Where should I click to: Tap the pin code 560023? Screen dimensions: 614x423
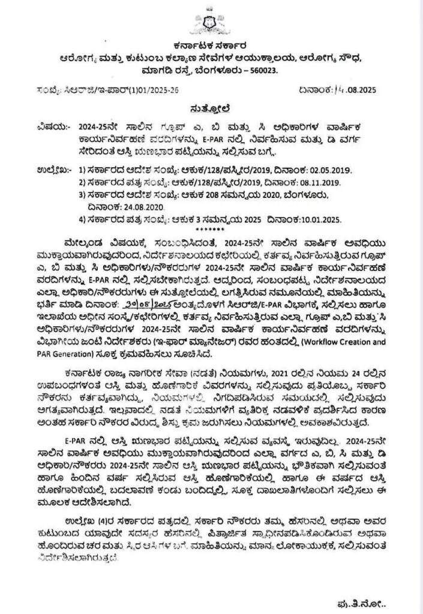pos(265,71)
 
